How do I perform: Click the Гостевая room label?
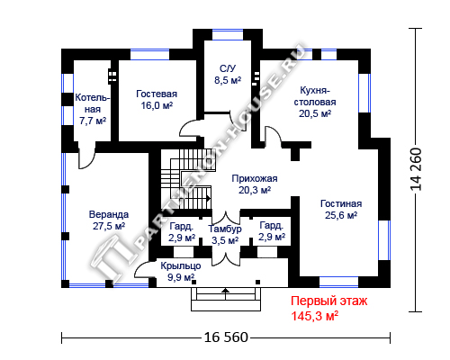[x=157, y=94]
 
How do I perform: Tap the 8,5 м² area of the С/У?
[x=228, y=80]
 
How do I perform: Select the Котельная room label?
[x=93, y=103]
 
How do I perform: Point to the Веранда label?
[x=109, y=214]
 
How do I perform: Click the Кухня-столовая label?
[x=315, y=96]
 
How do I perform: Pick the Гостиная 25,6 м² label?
[x=341, y=210]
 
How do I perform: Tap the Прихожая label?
[x=255, y=178]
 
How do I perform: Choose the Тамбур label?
[x=225, y=229]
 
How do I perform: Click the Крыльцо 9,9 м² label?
[x=181, y=272]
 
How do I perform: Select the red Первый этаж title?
[x=328, y=301]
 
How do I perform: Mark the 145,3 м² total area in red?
[x=315, y=316]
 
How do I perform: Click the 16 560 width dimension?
[x=226, y=337]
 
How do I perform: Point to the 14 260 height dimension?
[x=417, y=169]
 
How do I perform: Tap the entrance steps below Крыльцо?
[x=226, y=300]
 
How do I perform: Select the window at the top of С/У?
[x=228, y=34]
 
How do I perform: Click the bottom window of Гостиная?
[x=338, y=282]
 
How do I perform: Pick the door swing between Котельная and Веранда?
[x=86, y=157]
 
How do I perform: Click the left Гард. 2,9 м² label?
[x=182, y=231]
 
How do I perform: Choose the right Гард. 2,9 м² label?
[x=272, y=231]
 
